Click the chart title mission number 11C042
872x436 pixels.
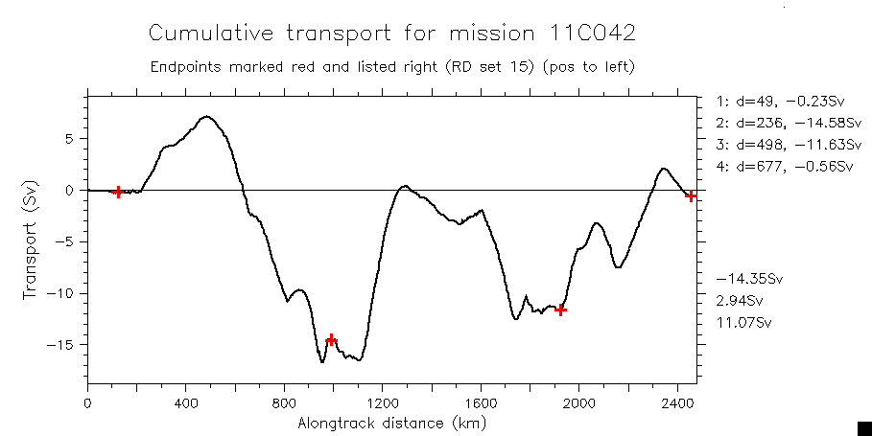point(586,34)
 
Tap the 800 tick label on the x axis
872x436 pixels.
point(284,403)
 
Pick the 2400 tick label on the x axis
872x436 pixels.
point(678,403)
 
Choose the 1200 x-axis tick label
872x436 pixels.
point(383,403)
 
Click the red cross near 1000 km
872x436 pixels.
point(332,339)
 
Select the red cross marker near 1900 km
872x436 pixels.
point(561,310)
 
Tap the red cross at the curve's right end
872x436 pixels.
point(691,195)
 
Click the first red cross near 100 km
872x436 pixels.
point(118,192)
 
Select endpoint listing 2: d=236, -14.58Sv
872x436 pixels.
point(785,123)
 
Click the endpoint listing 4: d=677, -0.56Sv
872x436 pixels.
point(785,167)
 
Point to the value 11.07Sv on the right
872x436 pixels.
point(743,322)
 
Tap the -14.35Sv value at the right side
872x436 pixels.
point(749,279)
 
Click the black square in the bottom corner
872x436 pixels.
point(863,427)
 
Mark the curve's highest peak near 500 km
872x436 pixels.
point(206,117)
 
